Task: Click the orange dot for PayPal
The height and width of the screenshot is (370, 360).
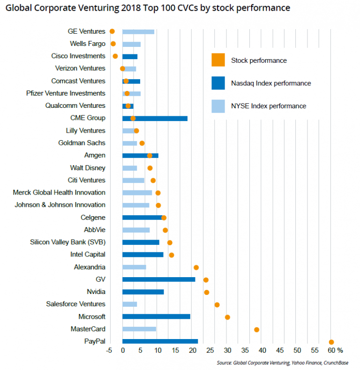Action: pos(331,342)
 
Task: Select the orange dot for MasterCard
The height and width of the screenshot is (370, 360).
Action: pos(256,330)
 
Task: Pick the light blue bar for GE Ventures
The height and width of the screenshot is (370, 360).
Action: pos(138,32)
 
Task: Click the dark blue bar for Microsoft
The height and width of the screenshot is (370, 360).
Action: pos(156,317)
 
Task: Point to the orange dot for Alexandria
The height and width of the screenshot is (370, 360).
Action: pos(196,267)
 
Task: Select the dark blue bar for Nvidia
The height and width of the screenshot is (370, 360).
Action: pos(143,292)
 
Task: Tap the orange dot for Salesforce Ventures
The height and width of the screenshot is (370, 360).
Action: pos(217,305)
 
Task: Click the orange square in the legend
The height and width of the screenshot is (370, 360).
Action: pos(218,60)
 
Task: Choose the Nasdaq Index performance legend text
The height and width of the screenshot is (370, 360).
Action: pos(270,83)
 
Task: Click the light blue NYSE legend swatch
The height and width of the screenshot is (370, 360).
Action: pos(218,106)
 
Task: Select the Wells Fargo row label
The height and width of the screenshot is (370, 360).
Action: pos(87,44)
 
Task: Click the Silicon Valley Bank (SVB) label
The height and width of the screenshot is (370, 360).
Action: pos(67,242)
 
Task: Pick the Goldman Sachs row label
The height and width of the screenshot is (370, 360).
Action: pos(82,143)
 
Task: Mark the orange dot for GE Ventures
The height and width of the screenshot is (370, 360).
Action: pos(112,31)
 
